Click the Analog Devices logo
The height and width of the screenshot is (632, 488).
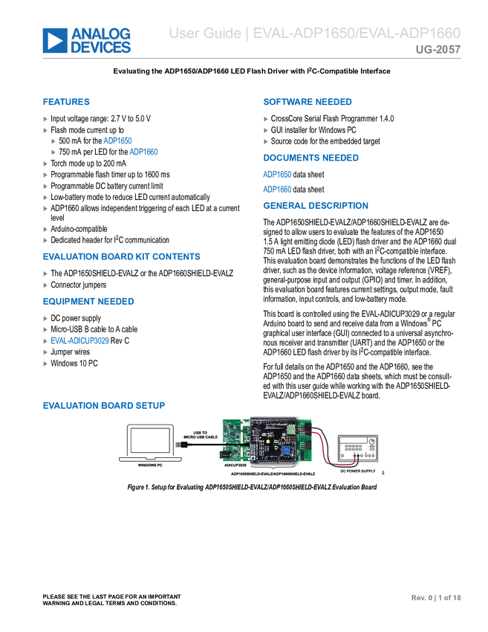87,41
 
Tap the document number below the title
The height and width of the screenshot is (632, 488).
438,51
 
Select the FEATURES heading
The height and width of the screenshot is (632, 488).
67,102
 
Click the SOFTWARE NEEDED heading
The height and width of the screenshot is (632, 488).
307,102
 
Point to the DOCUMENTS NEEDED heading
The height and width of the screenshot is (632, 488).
310,158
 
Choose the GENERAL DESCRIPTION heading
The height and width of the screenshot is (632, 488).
315,205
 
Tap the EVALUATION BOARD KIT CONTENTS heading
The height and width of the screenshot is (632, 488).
122,257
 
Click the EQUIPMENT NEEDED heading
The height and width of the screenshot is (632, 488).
88,302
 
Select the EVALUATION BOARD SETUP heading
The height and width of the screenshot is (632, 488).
105,405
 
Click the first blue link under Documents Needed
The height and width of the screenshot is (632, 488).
276,174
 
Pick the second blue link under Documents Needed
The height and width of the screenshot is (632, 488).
276,189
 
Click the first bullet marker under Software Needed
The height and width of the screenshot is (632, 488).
266,119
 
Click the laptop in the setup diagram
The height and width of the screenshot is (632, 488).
150,443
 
